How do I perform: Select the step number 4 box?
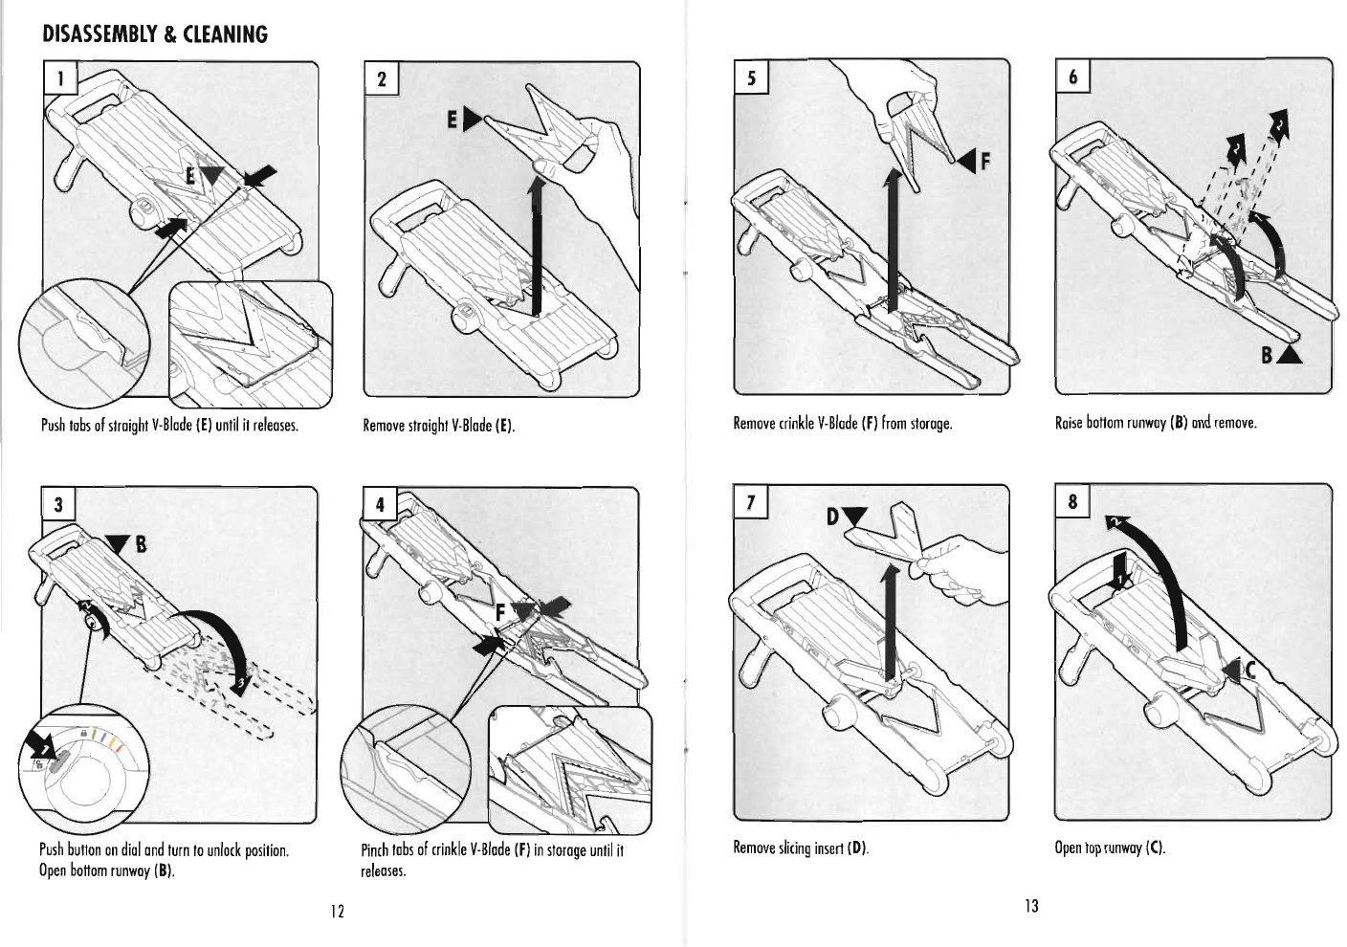click(380, 507)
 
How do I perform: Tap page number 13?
click(1030, 906)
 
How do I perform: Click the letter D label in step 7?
click(831, 518)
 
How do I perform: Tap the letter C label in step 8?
click(1248, 670)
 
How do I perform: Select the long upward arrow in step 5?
click(892, 234)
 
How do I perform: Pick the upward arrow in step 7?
click(890, 622)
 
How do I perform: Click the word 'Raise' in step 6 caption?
click(1071, 422)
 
